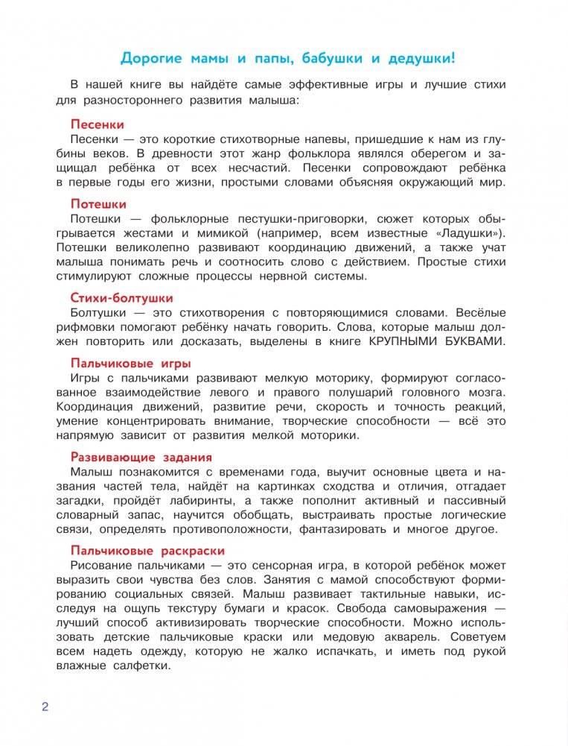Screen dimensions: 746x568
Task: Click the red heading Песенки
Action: (x=97, y=124)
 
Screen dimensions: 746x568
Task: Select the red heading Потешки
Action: (x=98, y=203)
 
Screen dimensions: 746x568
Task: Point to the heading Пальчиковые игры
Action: (x=130, y=363)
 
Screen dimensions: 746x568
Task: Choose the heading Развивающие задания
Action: (x=141, y=457)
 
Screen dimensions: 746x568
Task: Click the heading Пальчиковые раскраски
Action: (x=147, y=551)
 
